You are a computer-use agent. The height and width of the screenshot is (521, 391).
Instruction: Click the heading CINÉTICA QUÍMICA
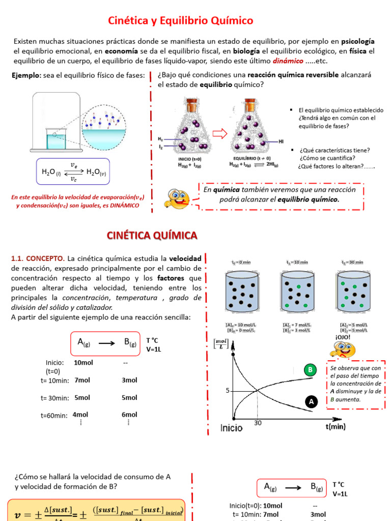coord(151,235)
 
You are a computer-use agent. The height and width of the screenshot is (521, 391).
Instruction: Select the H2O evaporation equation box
coord(73,171)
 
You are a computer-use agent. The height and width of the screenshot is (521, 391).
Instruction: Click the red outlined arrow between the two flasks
coord(219,134)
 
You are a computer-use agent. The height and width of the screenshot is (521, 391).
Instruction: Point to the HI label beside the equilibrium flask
coord(281,141)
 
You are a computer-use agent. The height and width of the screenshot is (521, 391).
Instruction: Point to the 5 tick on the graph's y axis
coord(229,391)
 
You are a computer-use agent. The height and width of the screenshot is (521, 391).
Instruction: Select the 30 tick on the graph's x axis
coord(257,423)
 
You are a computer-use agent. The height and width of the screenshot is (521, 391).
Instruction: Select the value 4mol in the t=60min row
coord(81,414)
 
